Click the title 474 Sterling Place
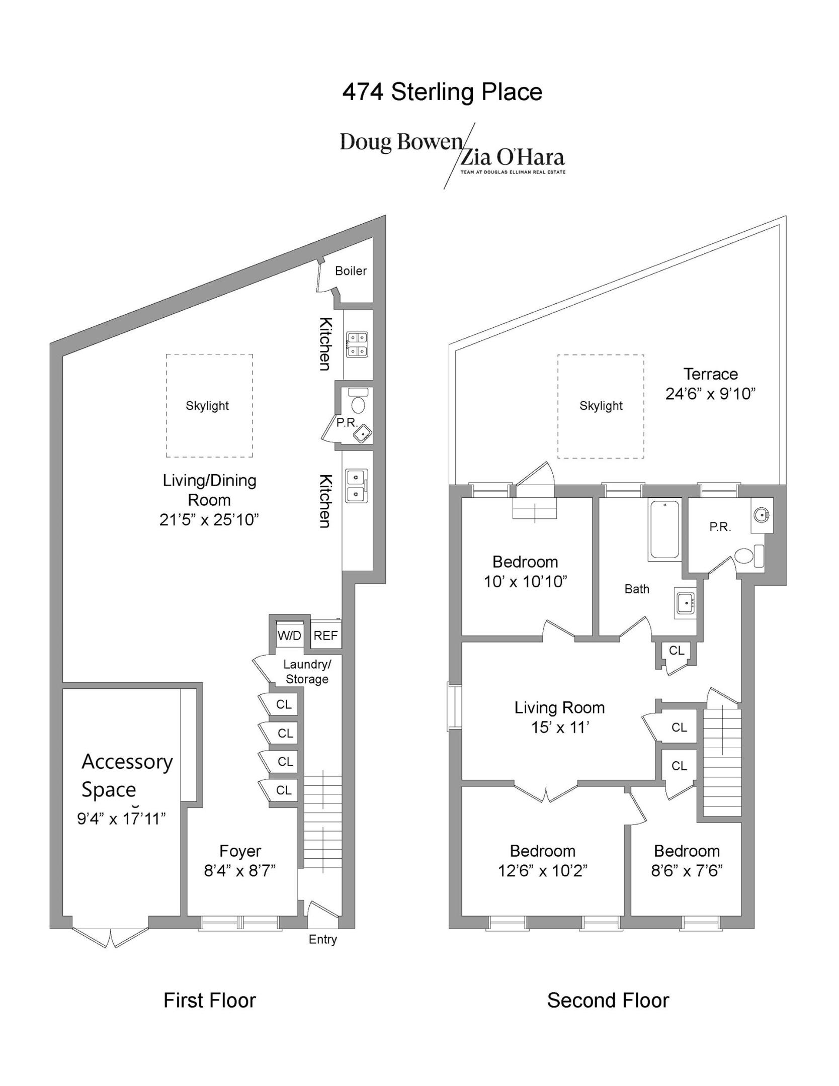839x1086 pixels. coord(442,92)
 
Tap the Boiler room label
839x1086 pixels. coord(351,271)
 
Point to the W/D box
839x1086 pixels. coord(289,636)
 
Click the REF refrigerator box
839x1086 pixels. coord(325,636)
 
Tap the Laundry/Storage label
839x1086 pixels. coord(307,672)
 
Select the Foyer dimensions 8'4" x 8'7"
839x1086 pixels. coord(240,870)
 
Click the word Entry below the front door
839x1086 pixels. coord(322,939)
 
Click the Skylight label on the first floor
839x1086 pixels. coord(207,406)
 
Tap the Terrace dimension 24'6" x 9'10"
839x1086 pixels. coord(710,394)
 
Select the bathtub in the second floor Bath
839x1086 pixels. coord(664,529)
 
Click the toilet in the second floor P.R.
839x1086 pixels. coord(744,557)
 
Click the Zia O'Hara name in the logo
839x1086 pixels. coord(513,158)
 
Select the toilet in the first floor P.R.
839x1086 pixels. coord(359,405)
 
